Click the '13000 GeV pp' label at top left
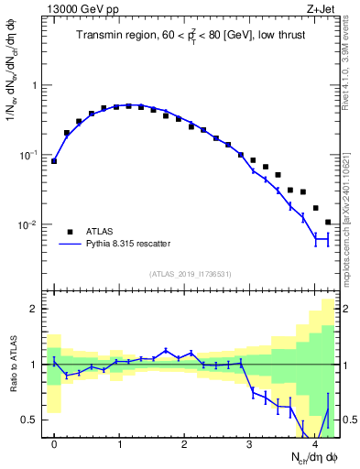81,10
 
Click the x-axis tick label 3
250,445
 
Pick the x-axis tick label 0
54,445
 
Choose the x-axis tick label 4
315,445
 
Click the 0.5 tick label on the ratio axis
31,420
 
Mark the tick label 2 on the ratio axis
36,309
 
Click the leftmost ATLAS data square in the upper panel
54,161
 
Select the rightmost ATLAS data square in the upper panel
328,222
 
